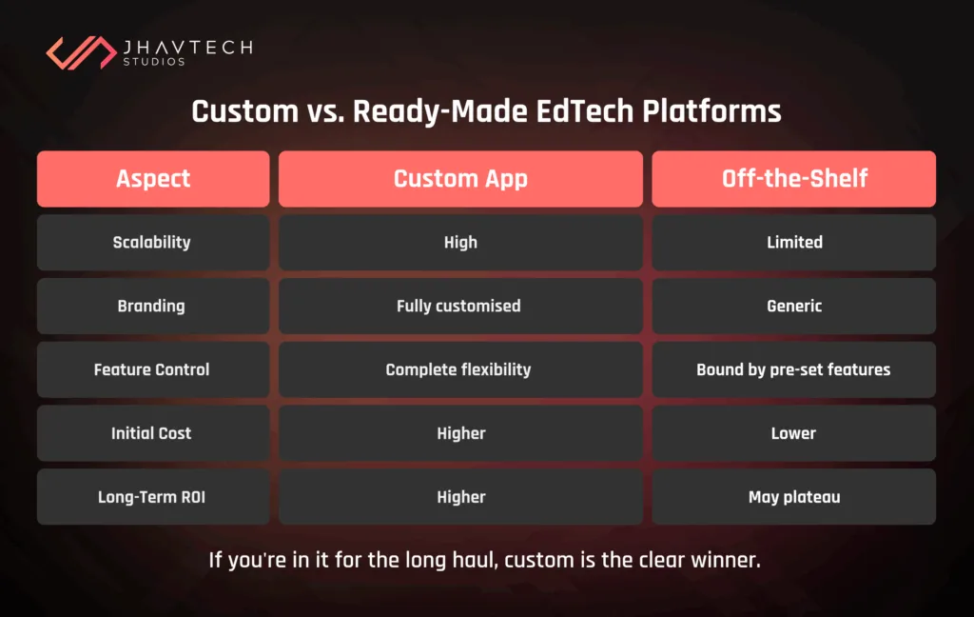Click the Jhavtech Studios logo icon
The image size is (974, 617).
pos(82,52)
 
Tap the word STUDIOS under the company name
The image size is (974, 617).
pos(154,62)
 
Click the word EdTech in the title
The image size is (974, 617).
pos(585,111)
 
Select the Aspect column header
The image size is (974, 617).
pos(153,178)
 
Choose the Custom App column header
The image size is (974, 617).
pos(460,178)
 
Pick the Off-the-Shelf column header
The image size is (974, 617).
pos(794,178)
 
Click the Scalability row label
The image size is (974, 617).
pos(153,243)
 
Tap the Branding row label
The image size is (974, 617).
pos(153,306)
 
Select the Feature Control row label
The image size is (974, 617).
pos(153,369)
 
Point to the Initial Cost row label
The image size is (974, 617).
pos(153,433)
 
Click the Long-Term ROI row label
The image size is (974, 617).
pos(153,496)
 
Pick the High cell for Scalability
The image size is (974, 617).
pos(460,243)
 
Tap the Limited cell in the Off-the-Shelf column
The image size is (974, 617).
pos(794,243)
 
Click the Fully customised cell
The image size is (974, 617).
pos(460,306)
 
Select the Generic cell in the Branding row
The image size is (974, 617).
pos(794,306)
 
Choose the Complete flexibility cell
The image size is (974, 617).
pos(460,369)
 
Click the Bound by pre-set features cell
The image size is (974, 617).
pos(794,369)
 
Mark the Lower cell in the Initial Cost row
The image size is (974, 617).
pos(794,433)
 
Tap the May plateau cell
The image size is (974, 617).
pos(794,496)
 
